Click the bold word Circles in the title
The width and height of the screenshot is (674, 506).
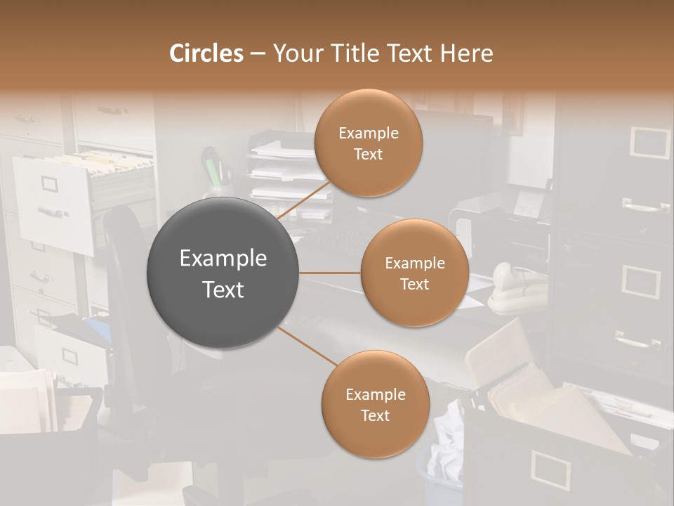click(206, 53)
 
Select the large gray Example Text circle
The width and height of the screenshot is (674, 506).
click(223, 273)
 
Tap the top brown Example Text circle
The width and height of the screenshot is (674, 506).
click(369, 143)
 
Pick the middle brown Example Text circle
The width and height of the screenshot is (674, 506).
click(415, 273)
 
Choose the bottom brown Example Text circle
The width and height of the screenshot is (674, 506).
click(375, 404)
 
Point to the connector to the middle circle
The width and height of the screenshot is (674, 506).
click(330, 273)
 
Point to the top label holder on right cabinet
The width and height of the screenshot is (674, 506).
click(649, 142)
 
